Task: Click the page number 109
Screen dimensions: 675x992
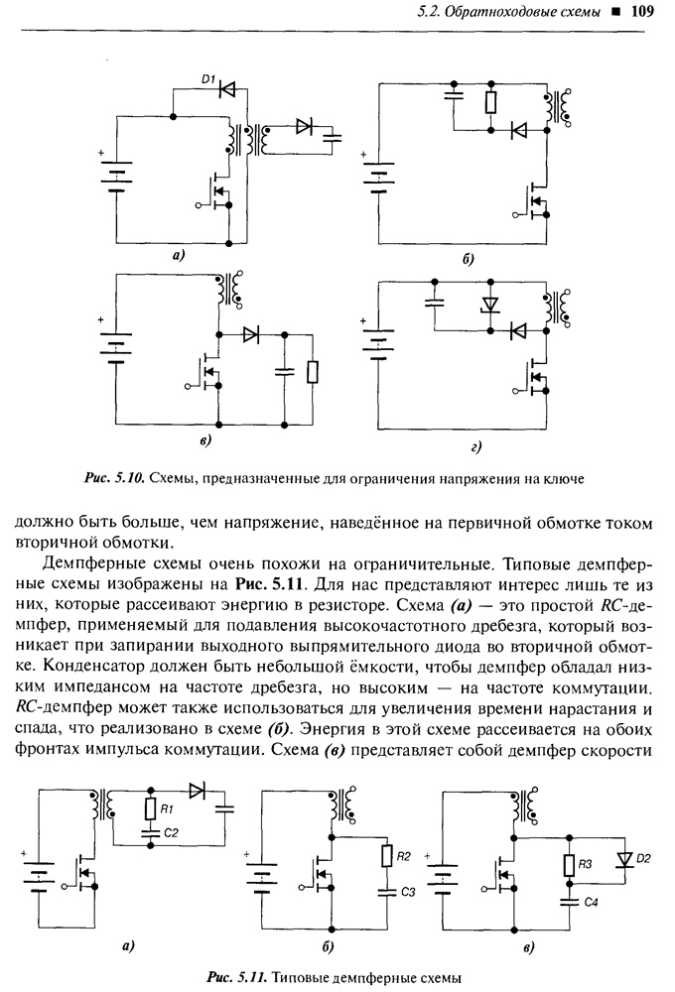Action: (642, 11)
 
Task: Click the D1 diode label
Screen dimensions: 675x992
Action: (208, 79)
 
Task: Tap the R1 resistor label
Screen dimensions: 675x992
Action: (167, 808)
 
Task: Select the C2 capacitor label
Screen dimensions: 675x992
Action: (171, 833)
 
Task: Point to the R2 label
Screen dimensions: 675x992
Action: (403, 856)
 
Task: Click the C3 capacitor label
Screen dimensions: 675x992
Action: (408, 892)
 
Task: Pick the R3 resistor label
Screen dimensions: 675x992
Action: (585, 864)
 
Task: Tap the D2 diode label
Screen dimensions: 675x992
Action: (642, 858)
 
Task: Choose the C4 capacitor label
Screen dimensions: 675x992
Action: (591, 902)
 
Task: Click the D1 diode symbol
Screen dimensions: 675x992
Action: (227, 89)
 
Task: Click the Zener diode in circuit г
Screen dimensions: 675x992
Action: (489, 305)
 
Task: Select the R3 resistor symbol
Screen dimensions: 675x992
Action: (569, 865)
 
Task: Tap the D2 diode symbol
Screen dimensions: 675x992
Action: (624, 858)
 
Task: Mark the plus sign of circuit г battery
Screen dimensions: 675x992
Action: (363, 321)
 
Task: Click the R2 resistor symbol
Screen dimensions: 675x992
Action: (387, 856)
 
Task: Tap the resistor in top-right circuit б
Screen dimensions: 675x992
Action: (490, 102)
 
